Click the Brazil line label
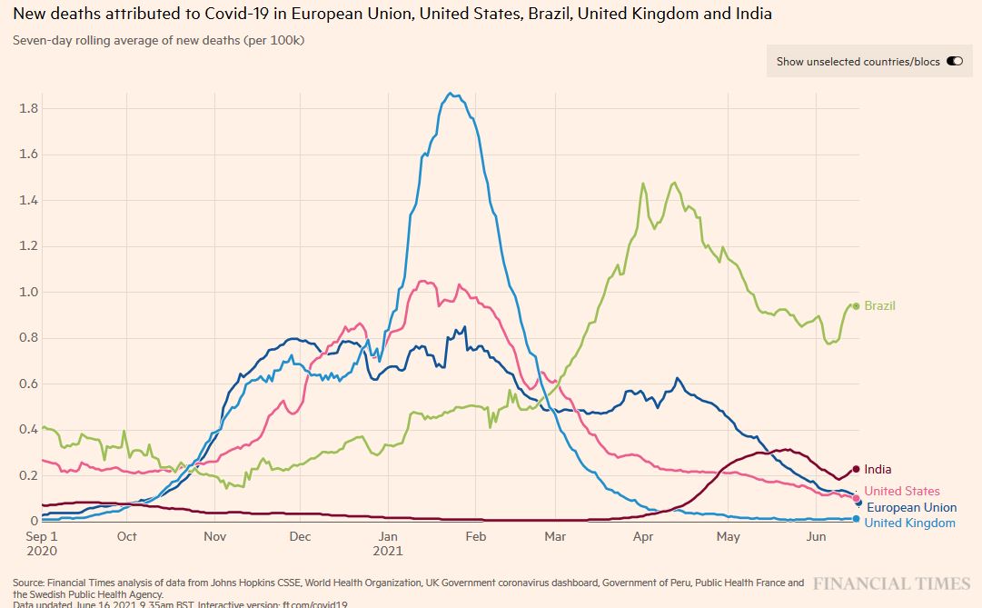(x=879, y=306)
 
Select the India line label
(x=878, y=470)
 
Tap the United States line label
(x=902, y=492)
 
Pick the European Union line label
(x=911, y=508)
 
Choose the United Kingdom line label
(x=909, y=523)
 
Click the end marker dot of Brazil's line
(x=856, y=306)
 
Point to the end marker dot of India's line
(x=856, y=469)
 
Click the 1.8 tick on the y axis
(x=28, y=108)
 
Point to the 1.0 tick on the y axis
(x=28, y=292)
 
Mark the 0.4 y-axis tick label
(x=28, y=430)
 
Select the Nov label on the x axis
(x=214, y=536)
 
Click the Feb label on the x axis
(x=475, y=536)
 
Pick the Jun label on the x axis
(x=816, y=536)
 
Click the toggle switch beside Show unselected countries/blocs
(x=955, y=62)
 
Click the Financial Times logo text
(x=892, y=583)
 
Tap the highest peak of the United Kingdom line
(x=451, y=94)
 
